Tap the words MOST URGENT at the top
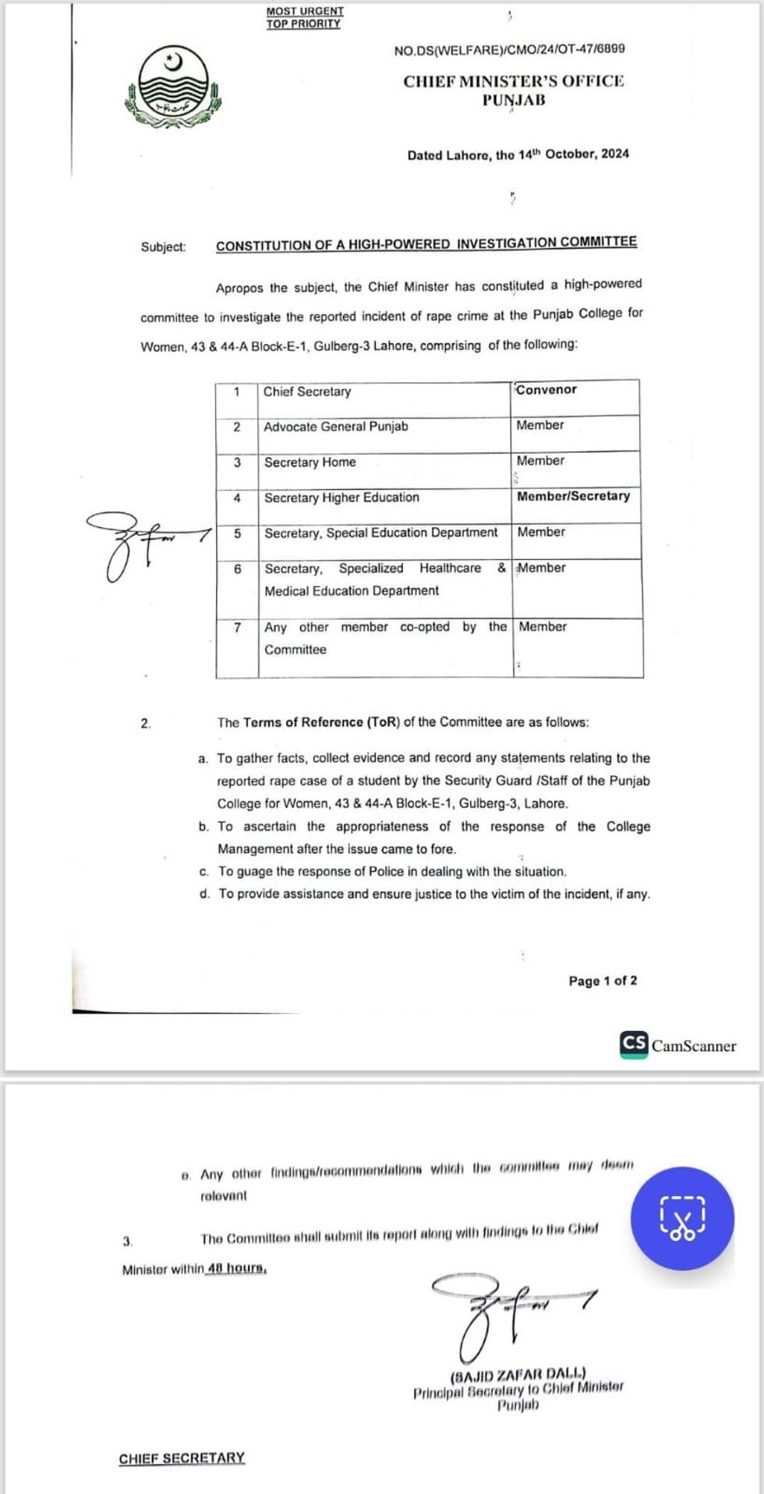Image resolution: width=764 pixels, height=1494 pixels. tap(305, 12)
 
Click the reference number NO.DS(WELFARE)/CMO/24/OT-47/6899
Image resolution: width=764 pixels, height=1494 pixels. tap(509, 49)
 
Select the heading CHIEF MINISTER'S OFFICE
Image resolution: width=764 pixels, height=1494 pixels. tap(514, 81)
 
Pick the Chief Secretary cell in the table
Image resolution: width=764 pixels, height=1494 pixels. tap(307, 391)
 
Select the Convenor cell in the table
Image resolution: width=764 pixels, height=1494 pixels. tap(546, 390)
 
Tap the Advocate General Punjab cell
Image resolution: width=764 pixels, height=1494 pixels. tap(335, 427)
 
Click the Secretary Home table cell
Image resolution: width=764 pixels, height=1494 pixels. tap(309, 462)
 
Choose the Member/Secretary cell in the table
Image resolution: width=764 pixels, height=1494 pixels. tap(573, 496)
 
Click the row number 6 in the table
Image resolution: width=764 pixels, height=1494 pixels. tap(237, 569)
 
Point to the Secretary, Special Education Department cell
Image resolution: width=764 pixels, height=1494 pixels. tap(380, 533)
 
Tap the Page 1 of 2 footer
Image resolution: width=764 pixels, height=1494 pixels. tap(603, 981)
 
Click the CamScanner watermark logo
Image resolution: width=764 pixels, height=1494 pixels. tap(677, 1045)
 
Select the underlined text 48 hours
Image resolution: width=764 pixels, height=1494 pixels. tap(237, 1269)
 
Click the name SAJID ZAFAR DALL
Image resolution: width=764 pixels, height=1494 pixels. tap(518, 1374)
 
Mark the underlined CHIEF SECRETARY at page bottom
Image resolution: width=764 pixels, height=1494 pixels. tap(182, 1458)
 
